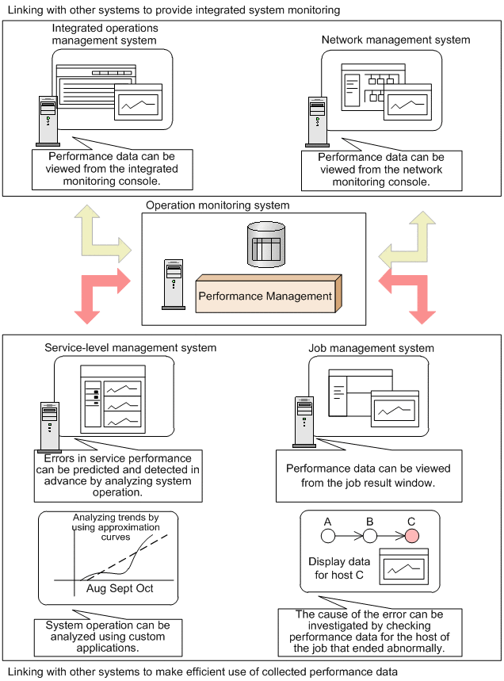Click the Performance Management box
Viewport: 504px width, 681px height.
tap(265, 296)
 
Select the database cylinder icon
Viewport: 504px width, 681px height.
tap(265, 245)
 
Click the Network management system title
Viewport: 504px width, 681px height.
tap(395, 40)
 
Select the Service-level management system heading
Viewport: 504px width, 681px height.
tap(131, 348)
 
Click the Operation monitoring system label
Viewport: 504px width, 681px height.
tap(218, 205)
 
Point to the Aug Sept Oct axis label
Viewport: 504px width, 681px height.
tap(120, 589)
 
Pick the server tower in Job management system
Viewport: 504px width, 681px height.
tap(304, 421)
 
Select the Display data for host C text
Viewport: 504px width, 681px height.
tap(336, 568)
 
